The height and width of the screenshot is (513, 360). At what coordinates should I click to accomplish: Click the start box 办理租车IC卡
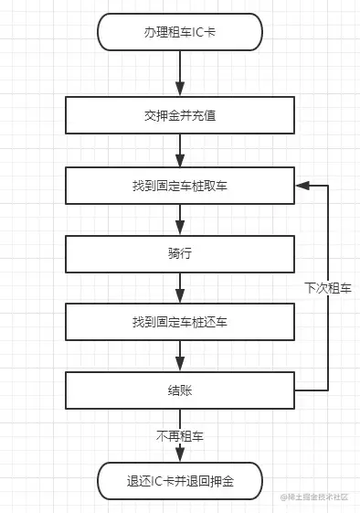pyautogui.click(x=179, y=31)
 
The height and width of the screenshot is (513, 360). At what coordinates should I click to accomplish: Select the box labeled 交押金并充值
pyautogui.click(x=179, y=116)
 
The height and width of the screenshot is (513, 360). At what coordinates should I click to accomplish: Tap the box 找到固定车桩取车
pyautogui.click(x=179, y=186)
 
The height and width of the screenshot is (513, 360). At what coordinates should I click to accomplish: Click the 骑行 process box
pyautogui.click(x=179, y=253)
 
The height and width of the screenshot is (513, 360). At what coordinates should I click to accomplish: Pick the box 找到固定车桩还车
pyautogui.click(x=179, y=322)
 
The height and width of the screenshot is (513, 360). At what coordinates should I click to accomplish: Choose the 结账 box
pyautogui.click(x=179, y=390)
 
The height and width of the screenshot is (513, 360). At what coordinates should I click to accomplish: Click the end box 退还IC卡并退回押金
pyautogui.click(x=179, y=479)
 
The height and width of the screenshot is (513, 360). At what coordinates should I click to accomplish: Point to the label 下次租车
pyautogui.click(x=327, y=288)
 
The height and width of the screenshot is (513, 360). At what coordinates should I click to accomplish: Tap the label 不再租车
pyautogui.click(x=179, y=436)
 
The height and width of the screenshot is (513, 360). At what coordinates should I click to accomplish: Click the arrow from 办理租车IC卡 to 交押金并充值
pyautogui.click(x=179, y=73)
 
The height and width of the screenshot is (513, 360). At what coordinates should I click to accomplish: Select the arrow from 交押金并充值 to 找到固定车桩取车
pyautogui.click(x=179, y=151)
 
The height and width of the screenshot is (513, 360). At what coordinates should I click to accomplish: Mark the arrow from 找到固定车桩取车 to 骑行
pyautogui.click(x=179, y=219)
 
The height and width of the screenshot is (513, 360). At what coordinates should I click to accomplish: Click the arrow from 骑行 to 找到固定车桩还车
pyautogui.click(x=179, y=288)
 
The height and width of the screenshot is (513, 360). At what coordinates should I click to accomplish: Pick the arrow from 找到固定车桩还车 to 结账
pyautogui.click(x=179, y=357)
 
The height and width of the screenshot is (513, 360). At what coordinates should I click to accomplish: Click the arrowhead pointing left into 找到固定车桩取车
pyautogui.click(x=300, y=186)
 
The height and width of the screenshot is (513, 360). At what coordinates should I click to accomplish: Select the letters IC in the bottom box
pyautogui.click(x=160, y=479)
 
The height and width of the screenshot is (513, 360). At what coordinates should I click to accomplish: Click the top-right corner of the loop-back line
pyautogui.click(x=327, y=186)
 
